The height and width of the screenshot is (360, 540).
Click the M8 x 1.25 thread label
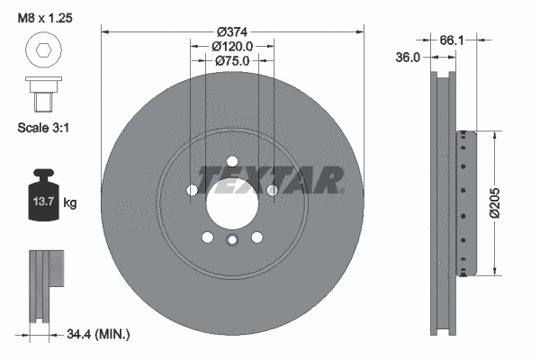pos(44,16)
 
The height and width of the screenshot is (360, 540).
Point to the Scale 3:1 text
pos(44,128)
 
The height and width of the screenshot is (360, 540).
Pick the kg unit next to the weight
pos(70,203)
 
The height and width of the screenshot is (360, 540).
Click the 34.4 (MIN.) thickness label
pos(98,335)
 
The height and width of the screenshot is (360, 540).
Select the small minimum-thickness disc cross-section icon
pos(45,283)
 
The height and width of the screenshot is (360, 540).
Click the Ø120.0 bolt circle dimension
pos(232,45)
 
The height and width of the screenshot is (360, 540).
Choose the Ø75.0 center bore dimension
pos(232,60)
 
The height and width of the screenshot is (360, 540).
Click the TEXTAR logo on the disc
pos(270,180)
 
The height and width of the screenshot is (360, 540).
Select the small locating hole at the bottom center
pos(232,239)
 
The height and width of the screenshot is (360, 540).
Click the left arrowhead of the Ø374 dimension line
pos(105,31)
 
